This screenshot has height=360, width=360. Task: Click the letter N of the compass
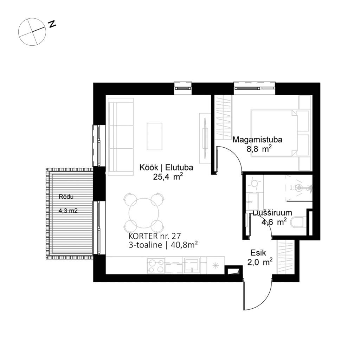click(52, 24)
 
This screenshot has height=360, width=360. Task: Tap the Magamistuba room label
click(258, 140)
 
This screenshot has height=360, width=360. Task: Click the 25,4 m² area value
click(168, 177)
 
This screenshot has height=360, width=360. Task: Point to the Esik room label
click(258, 252)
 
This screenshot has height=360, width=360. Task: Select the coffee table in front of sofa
click(154, 136)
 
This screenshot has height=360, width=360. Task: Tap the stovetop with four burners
click(155, 266)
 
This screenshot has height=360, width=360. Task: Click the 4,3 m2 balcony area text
click(68, 211)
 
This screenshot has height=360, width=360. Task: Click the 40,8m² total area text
click(183, 245)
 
